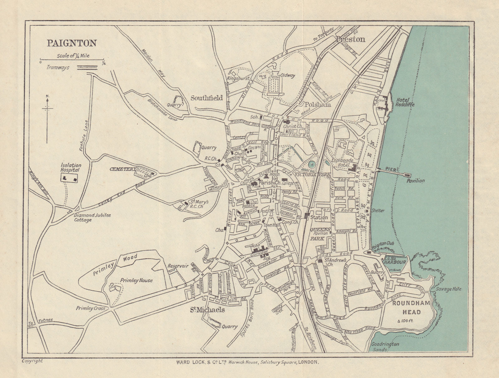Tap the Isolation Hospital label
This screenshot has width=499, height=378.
[71, 168]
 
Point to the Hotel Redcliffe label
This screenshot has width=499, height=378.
[405, 102]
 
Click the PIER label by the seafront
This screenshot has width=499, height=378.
[390, 169]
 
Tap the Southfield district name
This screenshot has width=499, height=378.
[206, 98]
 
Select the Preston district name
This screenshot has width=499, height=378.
[350, 39]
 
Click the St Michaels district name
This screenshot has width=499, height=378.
[208, 310]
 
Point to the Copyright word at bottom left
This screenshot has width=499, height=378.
[32, 361]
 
